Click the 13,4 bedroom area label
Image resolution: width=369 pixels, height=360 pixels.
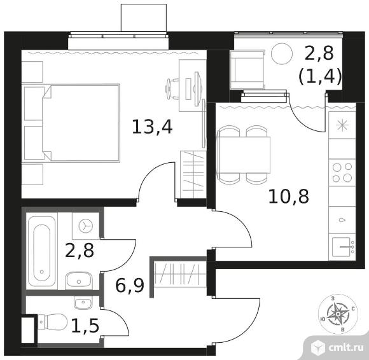click(x=152, y=127)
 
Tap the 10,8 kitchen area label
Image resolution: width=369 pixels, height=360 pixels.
click(x=288, y=197)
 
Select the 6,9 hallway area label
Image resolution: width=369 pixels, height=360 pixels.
click(x=129, y=285)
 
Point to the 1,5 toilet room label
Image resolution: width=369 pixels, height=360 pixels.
click(x=85, y=326)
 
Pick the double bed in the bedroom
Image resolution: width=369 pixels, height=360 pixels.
click(x=81, y=123)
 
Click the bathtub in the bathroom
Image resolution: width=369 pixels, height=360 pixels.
click(x=42, y=251)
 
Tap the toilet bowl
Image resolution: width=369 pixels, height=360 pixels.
click(x=52, y=322)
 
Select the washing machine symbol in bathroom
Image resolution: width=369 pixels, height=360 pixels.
click(x=86, y=226)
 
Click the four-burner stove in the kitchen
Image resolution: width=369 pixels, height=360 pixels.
click(x=342, y=172)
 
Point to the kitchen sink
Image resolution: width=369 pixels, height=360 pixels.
click(x=344, y=247)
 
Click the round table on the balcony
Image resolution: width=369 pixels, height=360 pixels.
click(x=281, y=53)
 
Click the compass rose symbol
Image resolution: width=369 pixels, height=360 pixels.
click(x=338, y=314)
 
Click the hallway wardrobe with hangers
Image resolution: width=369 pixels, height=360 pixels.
click(x=179, y=273)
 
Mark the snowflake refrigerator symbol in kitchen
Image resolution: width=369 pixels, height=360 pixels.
click(x=342, y=125)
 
